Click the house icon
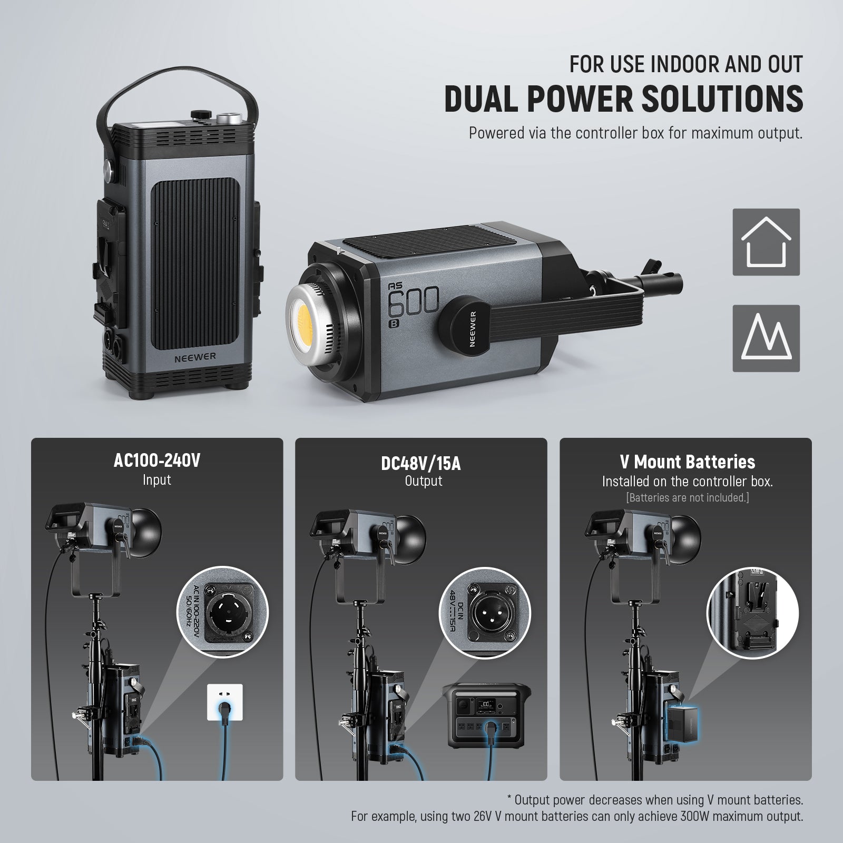766,242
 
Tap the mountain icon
766,338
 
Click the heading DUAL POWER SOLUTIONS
624,98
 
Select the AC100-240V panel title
157,461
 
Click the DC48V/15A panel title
420,464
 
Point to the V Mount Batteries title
687,462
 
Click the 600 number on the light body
413,301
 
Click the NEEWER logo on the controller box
195,356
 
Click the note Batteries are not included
687,497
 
